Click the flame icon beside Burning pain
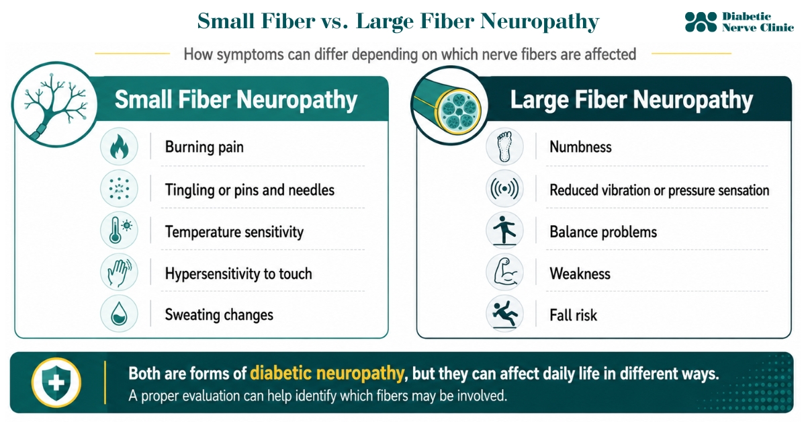point(119,147)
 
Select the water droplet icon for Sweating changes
point(119,314)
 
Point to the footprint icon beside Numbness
point(504,147)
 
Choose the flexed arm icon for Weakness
point(505,273)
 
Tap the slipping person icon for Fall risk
point(505,314)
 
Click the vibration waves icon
point(504,189)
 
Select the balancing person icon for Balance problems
point(504,230)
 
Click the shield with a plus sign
point(56,382)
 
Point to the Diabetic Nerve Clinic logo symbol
point(701,22)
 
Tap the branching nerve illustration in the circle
point(54,104)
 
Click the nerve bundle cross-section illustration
point(449,106)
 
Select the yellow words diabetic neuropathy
point(326,374)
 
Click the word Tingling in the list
point(190,190)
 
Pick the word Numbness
point(580,147)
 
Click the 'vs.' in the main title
point(334,22)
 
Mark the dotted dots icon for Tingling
point(119,189)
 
